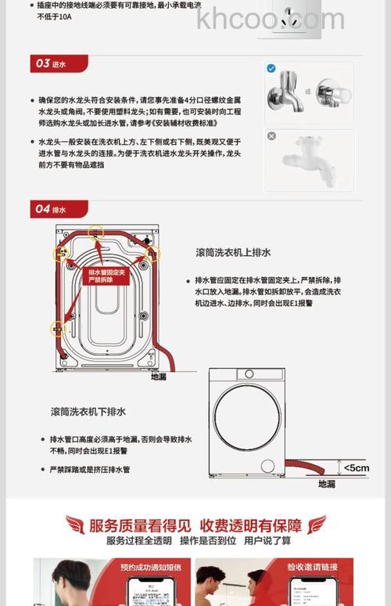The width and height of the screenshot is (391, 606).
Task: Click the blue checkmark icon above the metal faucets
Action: tap(271, 69)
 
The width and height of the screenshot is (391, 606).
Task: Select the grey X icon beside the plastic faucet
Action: tap(271, 136)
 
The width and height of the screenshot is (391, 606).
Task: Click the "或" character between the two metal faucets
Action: tap(308, 91)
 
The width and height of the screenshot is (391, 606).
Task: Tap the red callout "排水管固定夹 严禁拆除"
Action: tap(106, 275)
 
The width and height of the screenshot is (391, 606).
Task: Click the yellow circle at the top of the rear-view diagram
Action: tap(96, 231)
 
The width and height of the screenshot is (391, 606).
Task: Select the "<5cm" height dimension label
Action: tap(356, 468)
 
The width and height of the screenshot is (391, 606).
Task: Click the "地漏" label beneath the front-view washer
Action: tap(326, 484)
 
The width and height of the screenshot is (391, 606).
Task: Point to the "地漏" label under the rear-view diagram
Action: tap(159, 377)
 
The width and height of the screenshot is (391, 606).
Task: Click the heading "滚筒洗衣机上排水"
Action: tap(233, 252)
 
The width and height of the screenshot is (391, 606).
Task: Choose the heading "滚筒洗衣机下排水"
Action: tap(88, 411)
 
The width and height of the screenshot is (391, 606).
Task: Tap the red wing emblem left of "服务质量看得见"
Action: tap(75, 525)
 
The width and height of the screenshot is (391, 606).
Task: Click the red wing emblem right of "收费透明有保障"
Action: tap(317, 525)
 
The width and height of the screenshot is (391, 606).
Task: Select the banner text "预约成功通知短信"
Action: tap(148, 568)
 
